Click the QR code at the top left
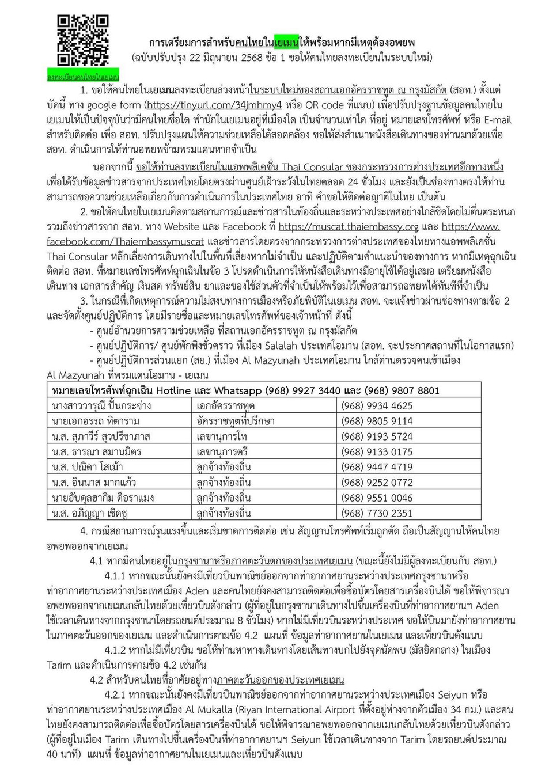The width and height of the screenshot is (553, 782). [83, 41]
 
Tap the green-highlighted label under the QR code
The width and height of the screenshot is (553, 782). [83, 77]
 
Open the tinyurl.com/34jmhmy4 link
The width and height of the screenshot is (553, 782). [214, 105]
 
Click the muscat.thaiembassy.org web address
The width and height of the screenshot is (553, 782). [349, 226]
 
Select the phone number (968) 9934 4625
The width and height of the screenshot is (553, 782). [377, 406]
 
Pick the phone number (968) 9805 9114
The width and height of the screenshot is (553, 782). [377, 421]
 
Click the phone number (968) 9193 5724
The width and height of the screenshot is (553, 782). [377, 436]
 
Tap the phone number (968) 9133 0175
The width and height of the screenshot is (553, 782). [377, 451]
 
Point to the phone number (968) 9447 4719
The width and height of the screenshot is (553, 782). [377, 467]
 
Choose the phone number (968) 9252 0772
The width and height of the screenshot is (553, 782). [377, 483]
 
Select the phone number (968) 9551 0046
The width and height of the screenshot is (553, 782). [377, 498]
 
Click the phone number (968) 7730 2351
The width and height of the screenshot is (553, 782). [377, 513]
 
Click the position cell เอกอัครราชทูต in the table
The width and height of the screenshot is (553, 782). [226, 406]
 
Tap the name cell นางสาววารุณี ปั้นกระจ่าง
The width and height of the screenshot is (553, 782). [101, 406]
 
